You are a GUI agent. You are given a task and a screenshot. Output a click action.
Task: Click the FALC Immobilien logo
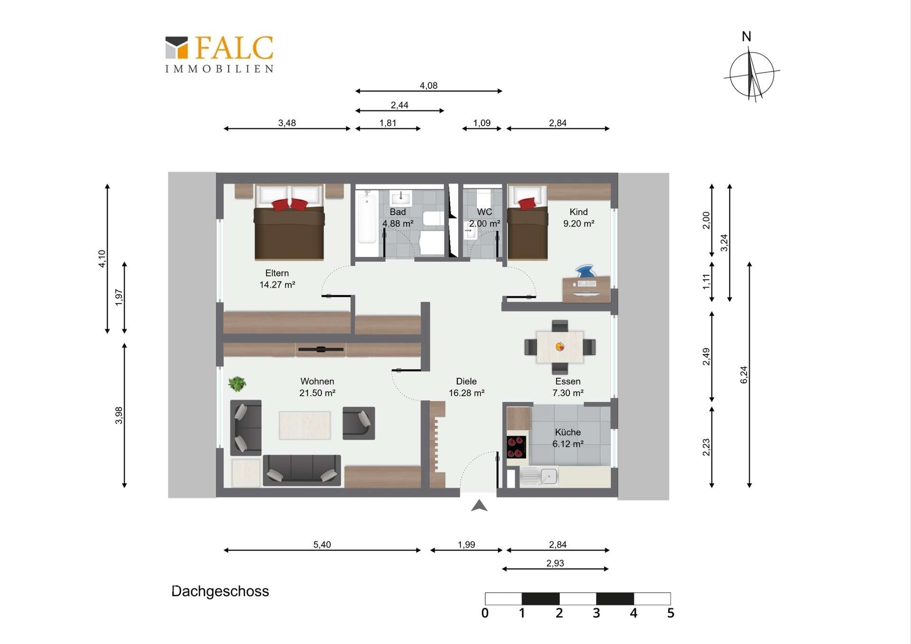click(x=219, y=54)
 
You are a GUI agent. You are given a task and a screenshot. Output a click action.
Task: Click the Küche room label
click(x=567, y=432)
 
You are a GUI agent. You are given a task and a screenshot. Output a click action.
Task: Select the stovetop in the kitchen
click(x=516, y=447)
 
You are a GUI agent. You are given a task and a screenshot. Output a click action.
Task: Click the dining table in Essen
click(x=560, y=347)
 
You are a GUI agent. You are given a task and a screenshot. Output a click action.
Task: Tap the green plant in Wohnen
click(x=237, y=383)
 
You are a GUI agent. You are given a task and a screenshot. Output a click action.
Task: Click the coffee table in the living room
click(x=305, y=425)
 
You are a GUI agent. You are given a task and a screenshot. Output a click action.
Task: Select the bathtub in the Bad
click(x=366, y=217)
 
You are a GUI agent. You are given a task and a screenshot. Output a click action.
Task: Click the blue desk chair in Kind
click(x=585, y=271)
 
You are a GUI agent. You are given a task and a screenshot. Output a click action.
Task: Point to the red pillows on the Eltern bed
click(x=289, y=205)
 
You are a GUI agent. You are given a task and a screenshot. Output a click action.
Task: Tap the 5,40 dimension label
click(x=322, y=544)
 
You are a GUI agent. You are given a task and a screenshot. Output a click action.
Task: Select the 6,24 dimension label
click(x=744, y=375)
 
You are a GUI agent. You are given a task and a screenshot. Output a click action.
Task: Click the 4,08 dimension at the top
click(x=428, y=85)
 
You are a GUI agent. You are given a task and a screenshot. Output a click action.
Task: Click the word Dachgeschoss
click(x=220, y=591)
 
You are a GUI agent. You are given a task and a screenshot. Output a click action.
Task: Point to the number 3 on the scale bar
click(x=596, y=613)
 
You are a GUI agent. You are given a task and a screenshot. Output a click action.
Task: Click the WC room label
click(x=484, y=212)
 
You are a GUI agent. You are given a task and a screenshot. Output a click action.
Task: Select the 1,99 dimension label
click(x=466, y=544)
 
